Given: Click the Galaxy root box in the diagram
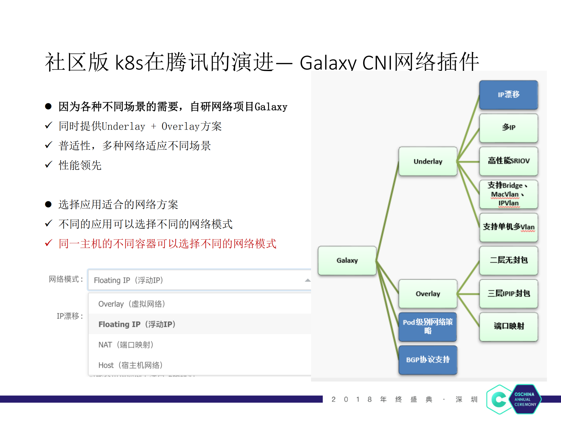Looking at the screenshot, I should pyautogui.click(x=347, y=260).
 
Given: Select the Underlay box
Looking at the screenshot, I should pyautogui.click(x=428, y=161).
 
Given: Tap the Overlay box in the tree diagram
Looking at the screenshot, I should pyautogui.click(x=428, y=293).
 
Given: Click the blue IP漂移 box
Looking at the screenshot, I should pyautogui.click(x=508, y=95).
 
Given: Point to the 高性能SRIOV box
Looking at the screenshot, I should pyautogui.click(x=508, y=161).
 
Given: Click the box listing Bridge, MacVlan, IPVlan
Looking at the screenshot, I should pyautogui.click(x=508, y=194).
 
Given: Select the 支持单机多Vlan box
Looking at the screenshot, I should pyautogui.click(x=508, y=227).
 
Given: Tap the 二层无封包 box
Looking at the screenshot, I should pyautogui.click(x=508, y=260).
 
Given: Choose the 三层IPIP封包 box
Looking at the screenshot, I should pyautogui.click(x=508, y=293).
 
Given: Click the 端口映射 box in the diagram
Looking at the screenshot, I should pyautogui.click(x=508, y=326).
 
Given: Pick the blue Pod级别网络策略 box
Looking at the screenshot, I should pyautogui.click(x=428, y=327).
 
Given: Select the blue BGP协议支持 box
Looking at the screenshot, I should pyautogui.click(x=428, y=360).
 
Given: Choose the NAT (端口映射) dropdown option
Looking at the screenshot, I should pyautogui.click(x=126, y=345).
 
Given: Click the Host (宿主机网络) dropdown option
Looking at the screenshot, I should pyautogui.click(x=130, y=365).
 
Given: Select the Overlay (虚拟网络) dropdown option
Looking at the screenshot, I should pyautogui.click(x=132, y=304).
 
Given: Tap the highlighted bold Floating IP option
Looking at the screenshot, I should pyautogui.click(x=137, y=324).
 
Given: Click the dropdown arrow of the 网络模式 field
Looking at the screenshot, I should pyautogui.click(x=307, y=280).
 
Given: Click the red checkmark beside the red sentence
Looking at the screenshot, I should pyautogui.click(x=49, y=243).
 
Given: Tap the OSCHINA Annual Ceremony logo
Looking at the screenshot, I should pyautogui.click(x=514, y=399).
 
